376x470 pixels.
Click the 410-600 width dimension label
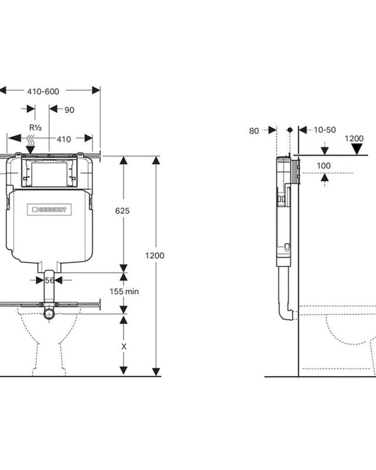tap(43, 91)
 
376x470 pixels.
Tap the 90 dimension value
tap(70, 110)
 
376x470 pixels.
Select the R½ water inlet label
tap(35, 128)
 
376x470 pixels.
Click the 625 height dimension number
tap(122, 211)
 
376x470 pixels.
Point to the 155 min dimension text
tap(124, 291)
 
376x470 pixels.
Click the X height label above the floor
tap(124, 347)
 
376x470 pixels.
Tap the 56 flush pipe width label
tap(49, 280)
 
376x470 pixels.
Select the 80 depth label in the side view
tap(254, 131)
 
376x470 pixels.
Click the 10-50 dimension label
tap(325, 130)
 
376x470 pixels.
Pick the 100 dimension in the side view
tap(324, 165)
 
